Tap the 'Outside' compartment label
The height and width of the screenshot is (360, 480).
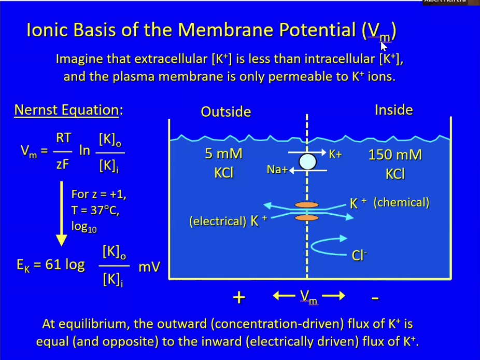coord(226,112)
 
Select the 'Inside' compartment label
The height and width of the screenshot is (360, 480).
coord(393,109)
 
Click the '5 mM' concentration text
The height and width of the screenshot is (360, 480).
coord(223,154)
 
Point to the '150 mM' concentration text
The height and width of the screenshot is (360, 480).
coord(395,155)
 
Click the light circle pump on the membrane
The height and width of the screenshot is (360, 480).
coord(307,161)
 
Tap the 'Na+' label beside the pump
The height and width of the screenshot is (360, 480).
coord(277,170)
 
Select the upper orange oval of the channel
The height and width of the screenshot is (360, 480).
coord(306,205)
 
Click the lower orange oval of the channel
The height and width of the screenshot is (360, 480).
coord(306,218)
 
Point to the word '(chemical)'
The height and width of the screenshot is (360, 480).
coord(401,202)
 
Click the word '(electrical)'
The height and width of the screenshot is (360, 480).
coord(218,221)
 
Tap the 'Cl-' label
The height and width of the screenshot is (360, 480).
coord(359,255)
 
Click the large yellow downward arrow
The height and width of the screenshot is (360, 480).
coord(62,214)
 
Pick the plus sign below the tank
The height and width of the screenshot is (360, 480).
coord(239,298)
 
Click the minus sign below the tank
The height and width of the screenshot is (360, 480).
coord(375,298)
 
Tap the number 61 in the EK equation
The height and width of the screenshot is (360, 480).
coord(53,265)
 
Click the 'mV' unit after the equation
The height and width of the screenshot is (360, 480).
coord(149,267)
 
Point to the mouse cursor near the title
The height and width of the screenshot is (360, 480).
coord(384,47)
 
